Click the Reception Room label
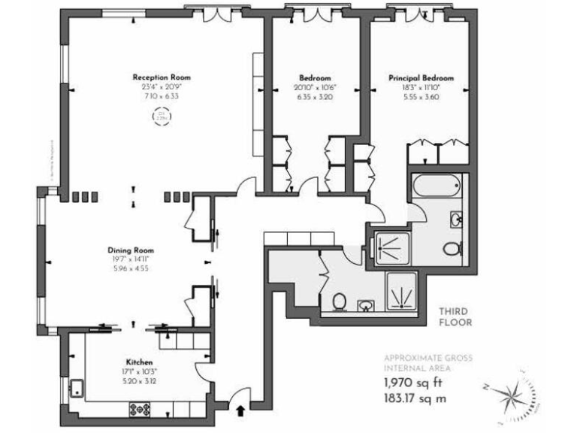tap(162, 77)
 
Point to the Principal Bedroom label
tap(421, 78)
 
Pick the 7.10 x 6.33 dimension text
tap(162, 96)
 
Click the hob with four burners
tap(140, 409)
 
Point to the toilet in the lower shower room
tap(340, 301)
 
